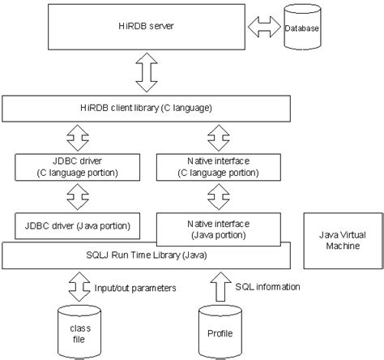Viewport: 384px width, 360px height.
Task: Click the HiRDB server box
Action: click(147, 27)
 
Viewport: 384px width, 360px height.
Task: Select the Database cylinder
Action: click(302, 27)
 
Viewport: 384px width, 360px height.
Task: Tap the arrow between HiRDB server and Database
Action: click(264, 27)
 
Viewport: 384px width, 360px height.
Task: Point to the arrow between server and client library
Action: click(147, 72)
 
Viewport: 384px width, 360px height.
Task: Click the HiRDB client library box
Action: click(146, 109)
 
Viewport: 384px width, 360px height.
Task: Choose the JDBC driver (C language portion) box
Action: click(78, 167)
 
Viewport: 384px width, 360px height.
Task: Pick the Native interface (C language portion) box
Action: click(219, 167)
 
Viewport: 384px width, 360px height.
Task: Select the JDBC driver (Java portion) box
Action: click(78, 226)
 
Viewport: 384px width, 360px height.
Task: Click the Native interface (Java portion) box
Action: click(219, 229)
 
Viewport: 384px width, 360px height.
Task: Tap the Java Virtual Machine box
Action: click(343, 241)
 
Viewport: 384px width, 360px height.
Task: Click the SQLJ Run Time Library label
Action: click(147, 255)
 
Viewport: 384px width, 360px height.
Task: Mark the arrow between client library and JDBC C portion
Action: click(78, 138)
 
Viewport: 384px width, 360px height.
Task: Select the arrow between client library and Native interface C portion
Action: click(219, 138)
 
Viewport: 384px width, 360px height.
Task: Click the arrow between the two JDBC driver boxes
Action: click(78, 197)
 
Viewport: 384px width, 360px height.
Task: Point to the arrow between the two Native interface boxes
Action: click(219, 197)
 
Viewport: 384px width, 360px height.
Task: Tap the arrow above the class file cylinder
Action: click(79, 286)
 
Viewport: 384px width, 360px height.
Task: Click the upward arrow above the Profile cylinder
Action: click(220, 286)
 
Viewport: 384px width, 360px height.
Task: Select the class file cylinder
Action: click(79, 332)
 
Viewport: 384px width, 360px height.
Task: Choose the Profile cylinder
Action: click(220, 332)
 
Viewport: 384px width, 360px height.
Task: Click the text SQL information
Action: click(267, 287)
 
